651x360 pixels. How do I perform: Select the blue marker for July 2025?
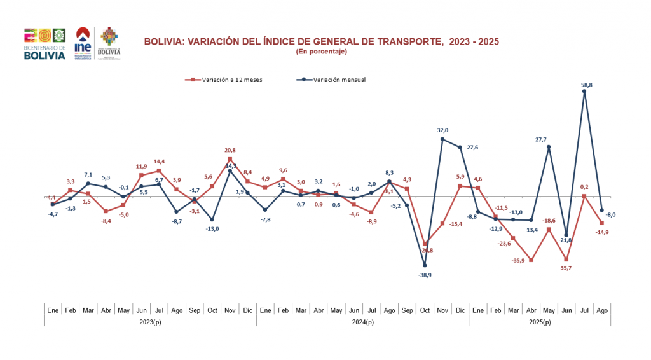pos(584,92)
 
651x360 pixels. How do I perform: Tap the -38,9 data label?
pos(425,275)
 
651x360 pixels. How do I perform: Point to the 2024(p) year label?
pos(362,322)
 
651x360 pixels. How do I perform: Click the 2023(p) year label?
pos(150,322)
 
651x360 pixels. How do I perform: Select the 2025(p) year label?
pos(540,322)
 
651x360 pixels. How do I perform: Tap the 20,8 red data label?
pos(230,150)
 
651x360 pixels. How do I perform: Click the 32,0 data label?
pos(443,130)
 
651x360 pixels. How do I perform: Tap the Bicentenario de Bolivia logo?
pos(45,43)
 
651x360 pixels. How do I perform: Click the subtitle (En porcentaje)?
pos(321,51)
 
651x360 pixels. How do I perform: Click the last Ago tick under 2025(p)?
pos(601,310)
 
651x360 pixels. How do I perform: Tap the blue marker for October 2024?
pos(425,265)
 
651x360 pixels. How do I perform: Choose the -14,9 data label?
pos(601,232)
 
